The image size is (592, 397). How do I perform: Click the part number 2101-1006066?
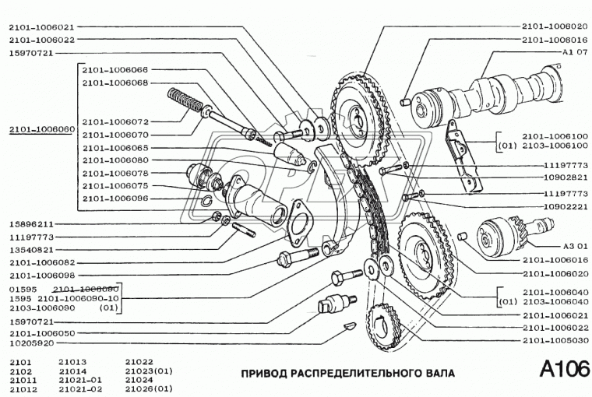click(115, 69)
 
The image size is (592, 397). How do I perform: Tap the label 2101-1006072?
click(115, 121)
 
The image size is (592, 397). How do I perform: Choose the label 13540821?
click(30, 251)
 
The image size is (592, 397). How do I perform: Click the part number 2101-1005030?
click(555, 340)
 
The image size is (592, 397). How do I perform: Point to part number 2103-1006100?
click(555, 145)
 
